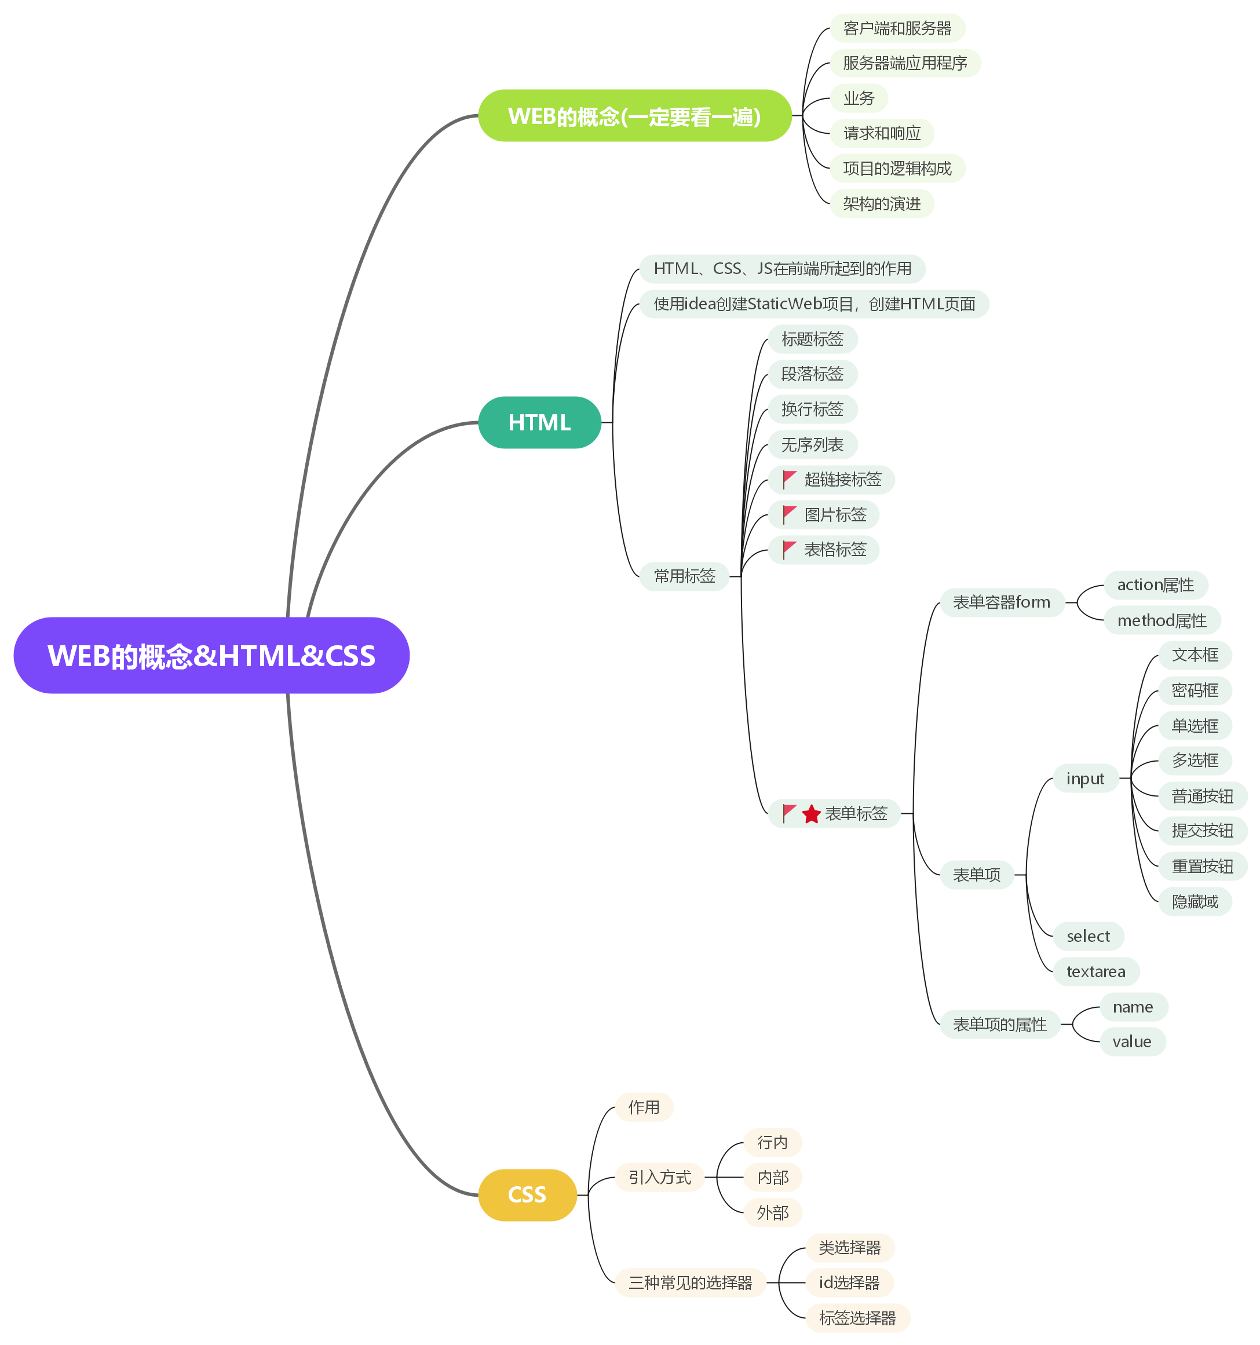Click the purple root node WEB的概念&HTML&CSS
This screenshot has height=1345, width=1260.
[x=211, y=655]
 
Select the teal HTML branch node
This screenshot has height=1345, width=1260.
[x=539, y=422]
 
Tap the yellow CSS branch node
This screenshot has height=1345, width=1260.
[x=527, y=1194]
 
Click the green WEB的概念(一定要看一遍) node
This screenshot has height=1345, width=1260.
[x=634, y=116]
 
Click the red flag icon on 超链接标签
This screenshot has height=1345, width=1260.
[x=788, y=479]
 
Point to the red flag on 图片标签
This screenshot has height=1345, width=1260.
[x=788, y=514]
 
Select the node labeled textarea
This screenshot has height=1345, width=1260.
[x=1095, y=971]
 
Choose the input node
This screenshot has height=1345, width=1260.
[x=1084, y=779]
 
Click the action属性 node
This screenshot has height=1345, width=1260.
[x=1155, y=584]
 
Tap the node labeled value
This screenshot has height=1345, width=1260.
[x=1131, y=1041]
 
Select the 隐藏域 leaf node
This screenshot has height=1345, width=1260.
[x=1195, y=901]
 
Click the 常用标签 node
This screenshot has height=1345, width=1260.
[x=684, y=576]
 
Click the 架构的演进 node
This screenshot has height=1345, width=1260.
[x=881, y=204]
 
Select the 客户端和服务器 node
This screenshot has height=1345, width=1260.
[x=897, y=28]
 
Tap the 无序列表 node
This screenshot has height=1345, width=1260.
[x=812, y=444]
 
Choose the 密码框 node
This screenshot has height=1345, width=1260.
[x=1195, y=690]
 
